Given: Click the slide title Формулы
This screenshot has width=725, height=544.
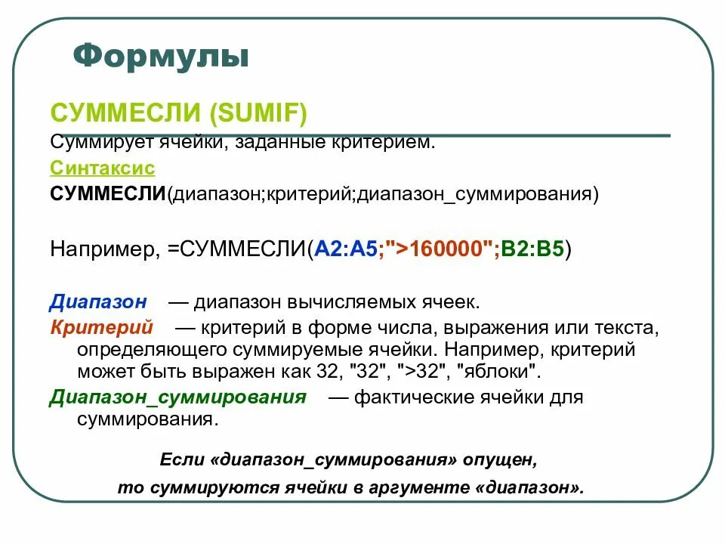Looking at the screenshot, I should click(161, 56).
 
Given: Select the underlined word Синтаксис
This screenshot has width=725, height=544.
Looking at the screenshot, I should click(102, 168).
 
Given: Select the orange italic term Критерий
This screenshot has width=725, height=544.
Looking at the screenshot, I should click(101, 328).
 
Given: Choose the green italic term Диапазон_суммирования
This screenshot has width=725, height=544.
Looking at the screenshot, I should click(178, 397).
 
